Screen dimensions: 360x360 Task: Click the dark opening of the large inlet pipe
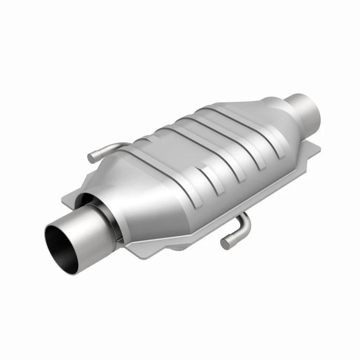pyautogui.click(x=63, y=245)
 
